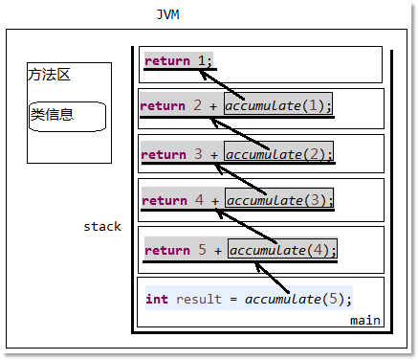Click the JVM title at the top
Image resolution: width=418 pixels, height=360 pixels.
coord(167,15)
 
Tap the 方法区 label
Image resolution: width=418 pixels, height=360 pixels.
coord(50,75)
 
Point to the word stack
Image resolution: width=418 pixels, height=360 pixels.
coord(102,227)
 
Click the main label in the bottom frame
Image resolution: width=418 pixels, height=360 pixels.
coord(364,320)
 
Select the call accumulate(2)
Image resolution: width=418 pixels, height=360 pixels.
coord(278,153)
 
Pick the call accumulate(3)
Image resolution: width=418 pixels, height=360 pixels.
coord(280,200)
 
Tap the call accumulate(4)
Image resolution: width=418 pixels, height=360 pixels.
coord(282,250)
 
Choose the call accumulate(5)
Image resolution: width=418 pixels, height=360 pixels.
coord(298,299)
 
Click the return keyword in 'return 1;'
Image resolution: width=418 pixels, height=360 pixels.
coord(167,61)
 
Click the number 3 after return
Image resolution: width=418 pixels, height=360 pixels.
coord(198,153)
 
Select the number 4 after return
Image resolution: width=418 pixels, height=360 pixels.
coord(199,200)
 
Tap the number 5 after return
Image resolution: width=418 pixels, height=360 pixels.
coord(201,250)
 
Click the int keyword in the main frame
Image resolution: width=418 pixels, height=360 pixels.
coord(157,299)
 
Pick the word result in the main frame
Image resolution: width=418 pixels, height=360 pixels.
coord(197,299)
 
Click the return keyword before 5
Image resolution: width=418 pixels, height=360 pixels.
coord(167,250)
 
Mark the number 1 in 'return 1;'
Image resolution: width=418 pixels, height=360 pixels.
coord(202,61)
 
